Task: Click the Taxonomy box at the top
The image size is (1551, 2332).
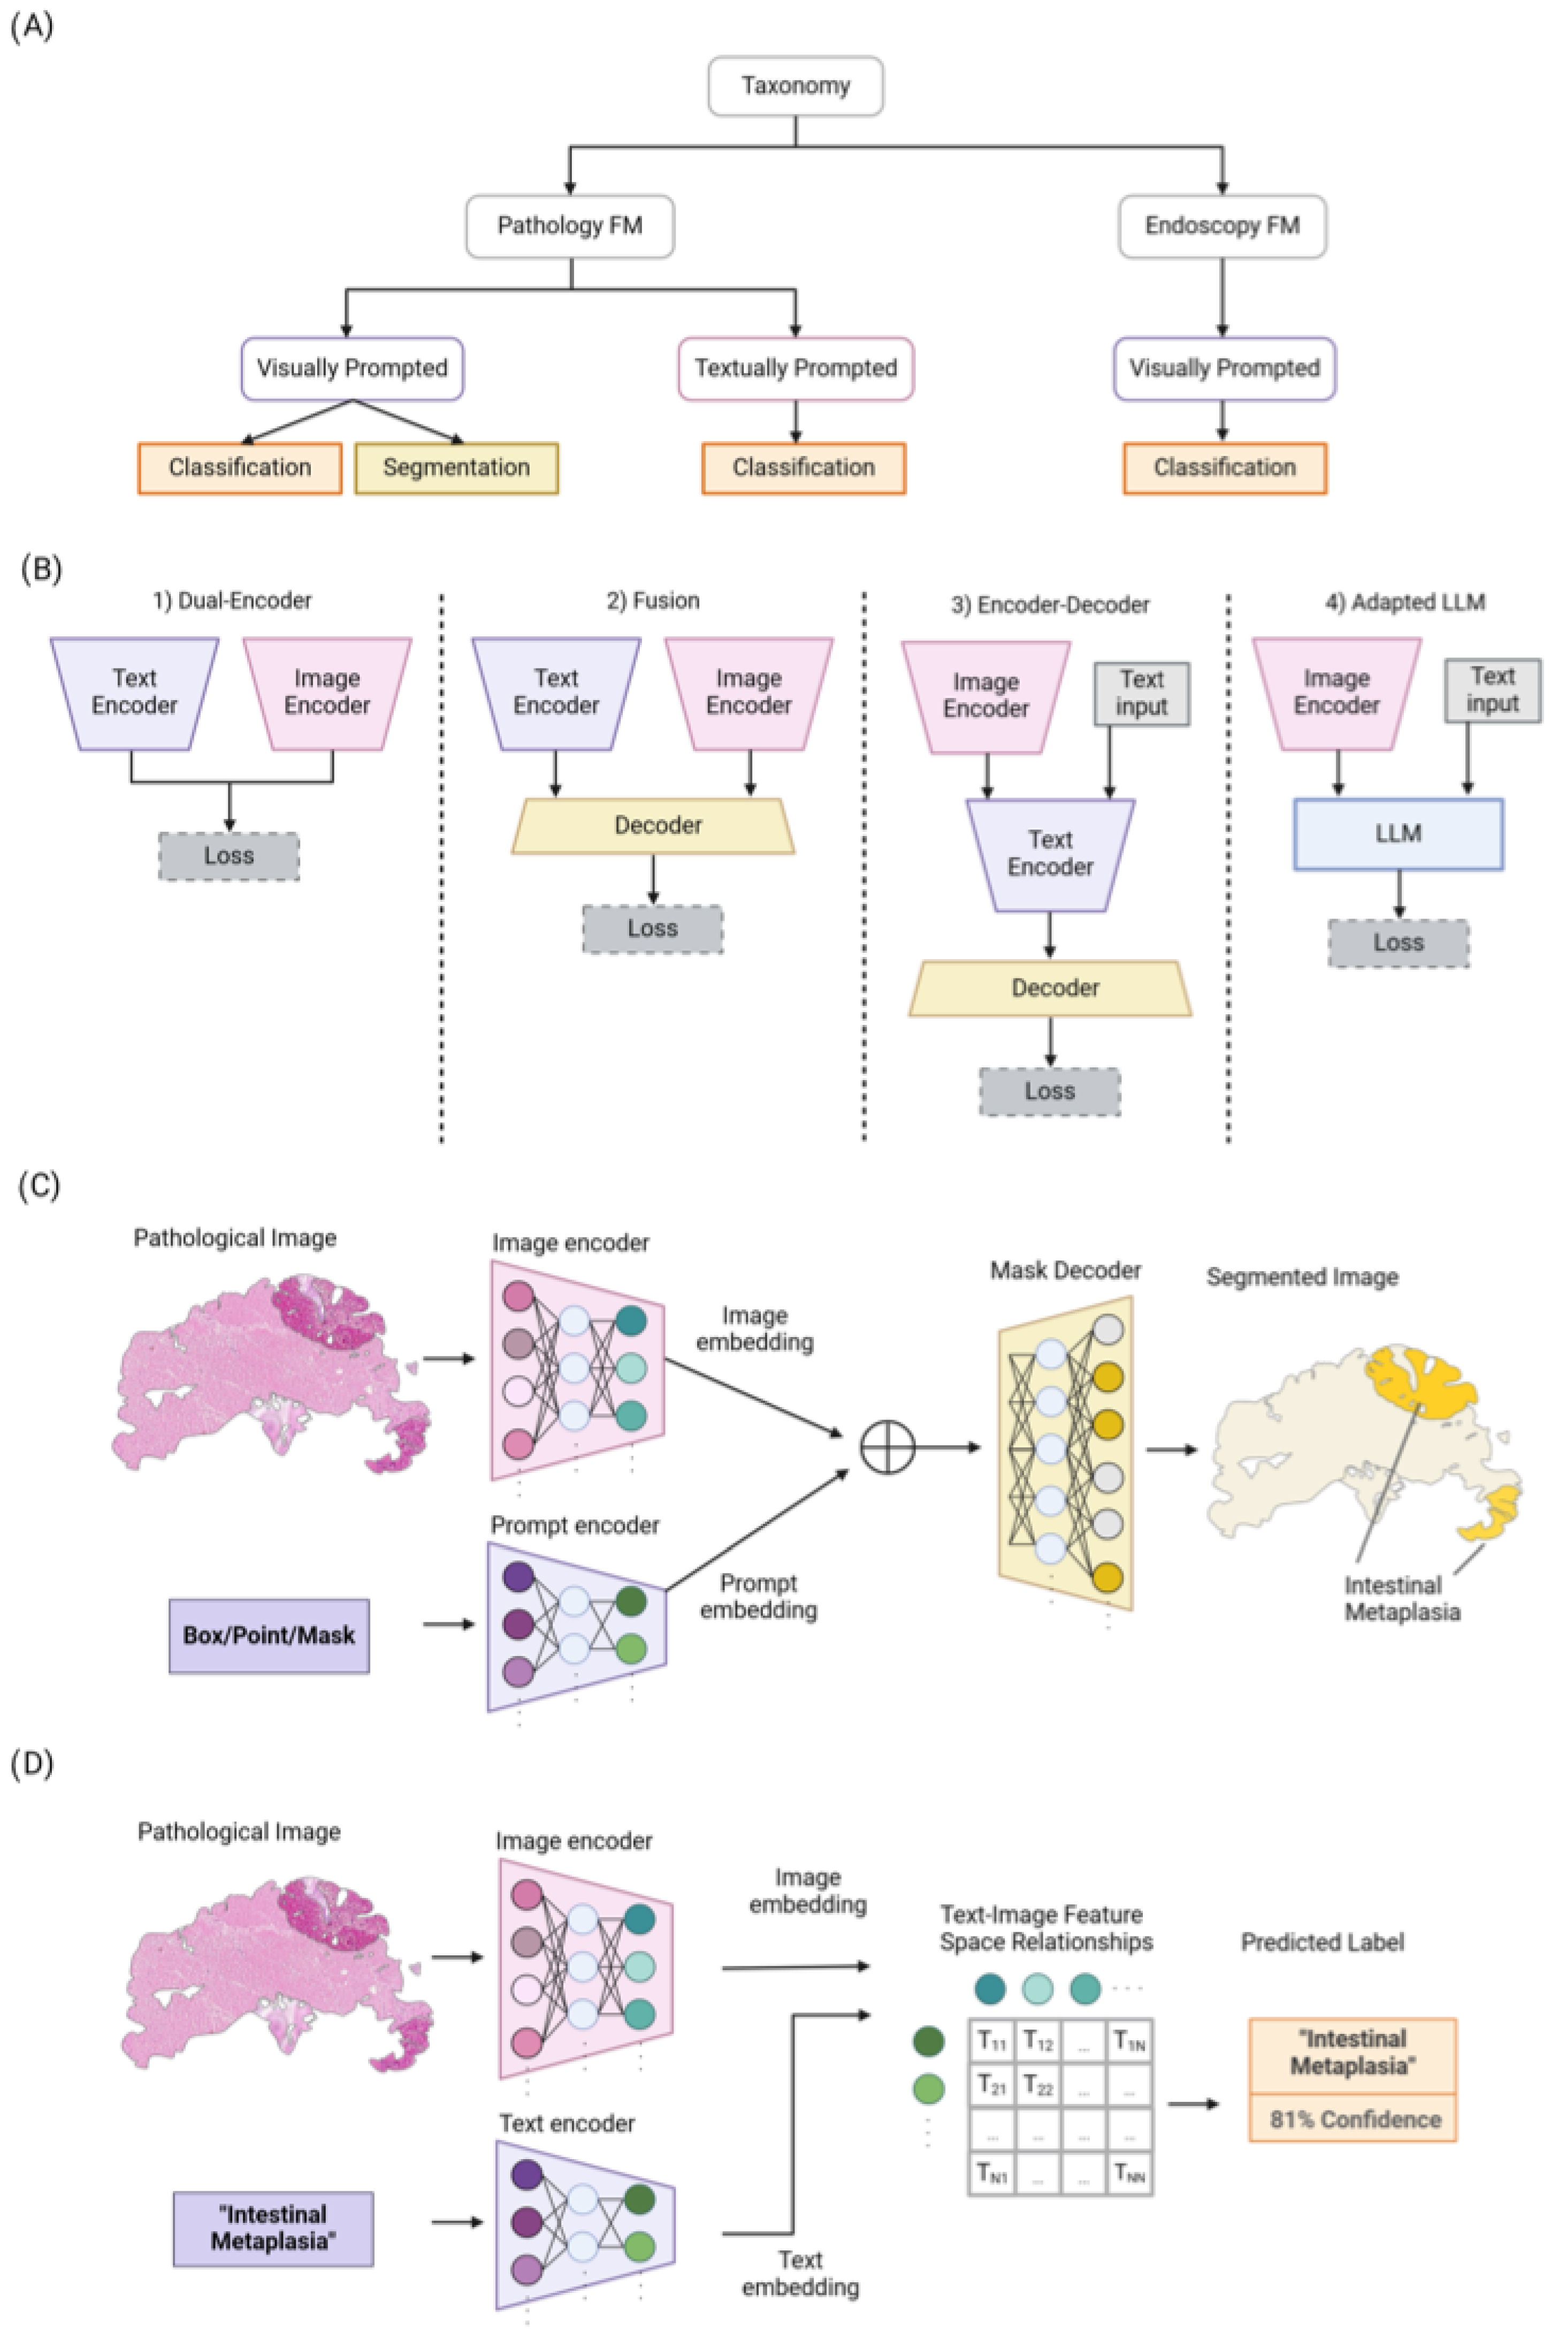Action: click(x=795, y=86)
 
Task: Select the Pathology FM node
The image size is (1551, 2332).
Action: click(x=570, y=226)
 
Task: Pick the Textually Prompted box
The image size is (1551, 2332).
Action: click(x=795, y=368)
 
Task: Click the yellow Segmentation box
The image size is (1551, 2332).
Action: click(x=456, y=467)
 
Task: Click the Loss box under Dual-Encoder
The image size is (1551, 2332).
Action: click(x=228, y=856)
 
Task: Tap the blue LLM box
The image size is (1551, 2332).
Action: click(x=1397, y=834)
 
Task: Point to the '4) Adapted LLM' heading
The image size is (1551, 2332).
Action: click(x=1404, y=602)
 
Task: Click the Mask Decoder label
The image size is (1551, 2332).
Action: click(x=1065, y=1271)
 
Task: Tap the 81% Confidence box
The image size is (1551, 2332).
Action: click(x=1353, y=2120)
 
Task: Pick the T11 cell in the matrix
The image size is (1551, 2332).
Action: click(x=992, y=2040)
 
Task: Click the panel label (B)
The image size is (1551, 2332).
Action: click(x=41, y=570)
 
